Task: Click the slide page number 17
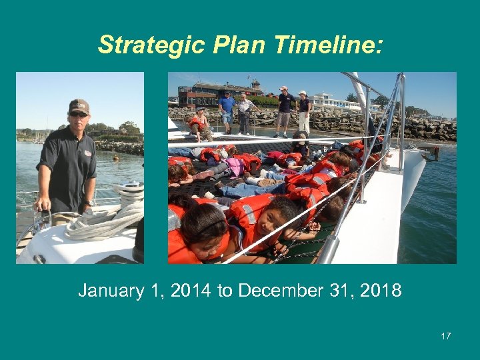(445, 336)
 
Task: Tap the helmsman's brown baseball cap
(79, 106)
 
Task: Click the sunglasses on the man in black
(78, 115)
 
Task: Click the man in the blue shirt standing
(227, 109)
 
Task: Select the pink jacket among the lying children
(235, 166)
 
